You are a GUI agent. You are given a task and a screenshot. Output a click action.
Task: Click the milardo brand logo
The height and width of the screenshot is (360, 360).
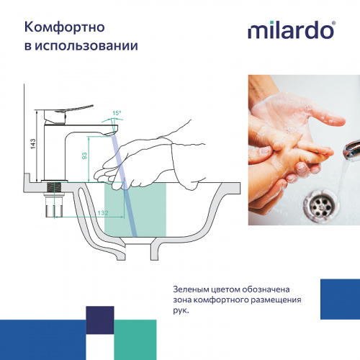click(291, 30)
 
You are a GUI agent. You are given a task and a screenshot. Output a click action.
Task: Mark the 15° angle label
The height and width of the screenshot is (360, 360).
click(117, 112)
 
